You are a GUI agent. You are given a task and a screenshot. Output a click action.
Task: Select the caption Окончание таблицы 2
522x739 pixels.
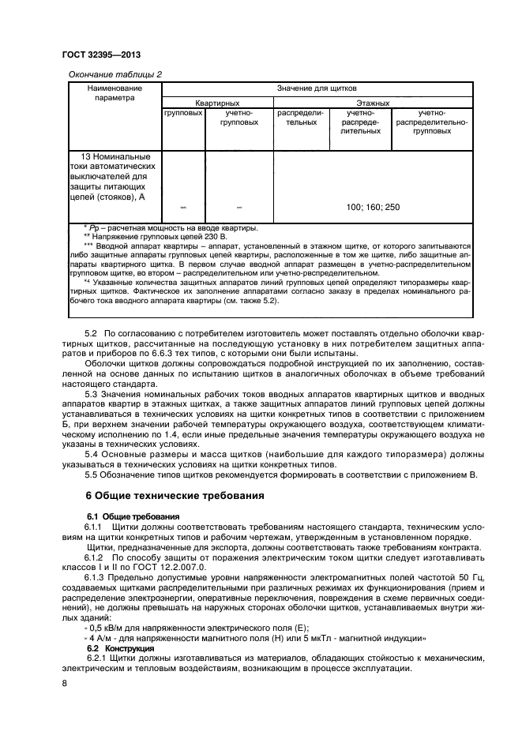(115, 74)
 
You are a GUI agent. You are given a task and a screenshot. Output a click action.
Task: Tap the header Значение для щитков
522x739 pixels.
(316, 88)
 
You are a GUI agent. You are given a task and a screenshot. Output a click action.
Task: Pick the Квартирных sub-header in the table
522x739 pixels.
(217, 103)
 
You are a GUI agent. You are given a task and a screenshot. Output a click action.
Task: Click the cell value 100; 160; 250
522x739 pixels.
(373, 207)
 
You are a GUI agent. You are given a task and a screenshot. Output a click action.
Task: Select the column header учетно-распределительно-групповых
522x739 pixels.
(432, 122)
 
